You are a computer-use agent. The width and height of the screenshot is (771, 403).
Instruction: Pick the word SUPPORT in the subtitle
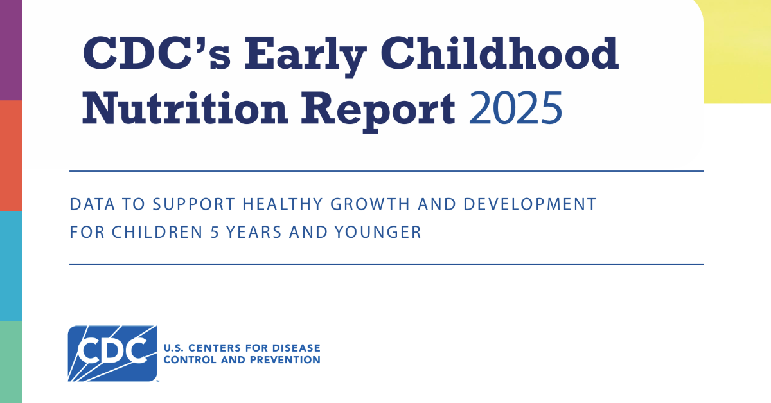[194, 205]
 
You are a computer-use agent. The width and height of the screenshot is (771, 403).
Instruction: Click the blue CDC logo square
[112, 353]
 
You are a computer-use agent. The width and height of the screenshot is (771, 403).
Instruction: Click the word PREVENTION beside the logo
[285, 359]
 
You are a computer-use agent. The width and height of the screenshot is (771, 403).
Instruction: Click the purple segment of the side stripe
[10, 50]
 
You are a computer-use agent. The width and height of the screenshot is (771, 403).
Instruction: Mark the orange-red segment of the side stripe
[10, 155]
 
